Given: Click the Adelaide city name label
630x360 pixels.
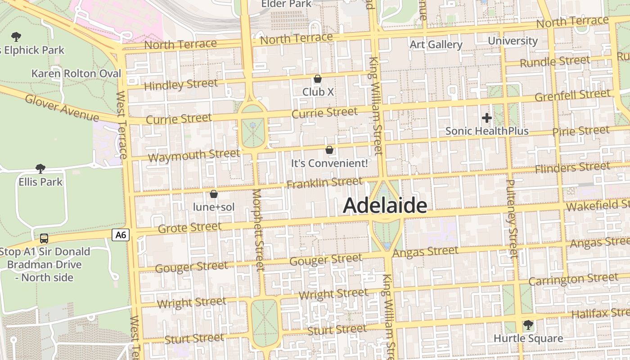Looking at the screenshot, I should [x=385, y=206].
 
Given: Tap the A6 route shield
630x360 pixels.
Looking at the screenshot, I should [x=121, y=234].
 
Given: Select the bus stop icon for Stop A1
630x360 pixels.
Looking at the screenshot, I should [x=44, y=238].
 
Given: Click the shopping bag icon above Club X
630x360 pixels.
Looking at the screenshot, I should [x=318, y=79].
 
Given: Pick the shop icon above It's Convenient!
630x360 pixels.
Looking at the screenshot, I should [x=329, y=150].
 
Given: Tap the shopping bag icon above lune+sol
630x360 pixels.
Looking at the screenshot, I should [x=214, y=194].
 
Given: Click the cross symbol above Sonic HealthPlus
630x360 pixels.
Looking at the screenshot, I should [x=486, y=118].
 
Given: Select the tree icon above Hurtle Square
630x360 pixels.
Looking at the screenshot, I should [x=528, y=325].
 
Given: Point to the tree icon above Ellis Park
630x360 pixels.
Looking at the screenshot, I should [x=40, y=169].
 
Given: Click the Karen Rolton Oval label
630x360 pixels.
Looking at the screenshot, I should [x=76, y=73].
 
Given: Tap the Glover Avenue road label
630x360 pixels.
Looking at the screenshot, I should [x=62, y=108].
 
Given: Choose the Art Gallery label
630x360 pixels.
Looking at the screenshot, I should [x=436, y=45].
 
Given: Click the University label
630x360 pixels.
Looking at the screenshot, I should [x=513, y=41].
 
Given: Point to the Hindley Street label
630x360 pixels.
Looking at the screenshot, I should [x=181, y=85].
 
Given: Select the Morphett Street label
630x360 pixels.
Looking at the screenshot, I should [x=257, y=230].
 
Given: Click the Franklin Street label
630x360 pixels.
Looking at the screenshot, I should [x=324, y=183].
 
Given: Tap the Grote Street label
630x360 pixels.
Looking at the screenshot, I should [x=190, y=228].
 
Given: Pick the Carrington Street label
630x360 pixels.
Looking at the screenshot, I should [x=573, y=279].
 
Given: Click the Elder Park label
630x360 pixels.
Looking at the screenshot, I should [x=286, y=4].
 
